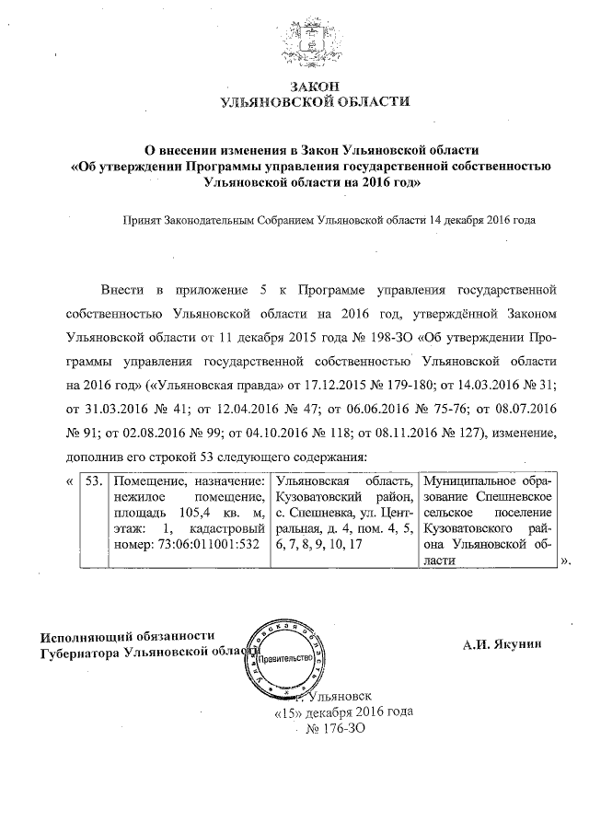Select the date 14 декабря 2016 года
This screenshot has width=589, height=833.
pyautogui.click(x=482, y=221)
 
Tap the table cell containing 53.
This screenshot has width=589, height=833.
pyautogui.click(x=92, y=480)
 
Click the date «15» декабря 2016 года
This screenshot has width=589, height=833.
pyautogui.click(x=343, y=712)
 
